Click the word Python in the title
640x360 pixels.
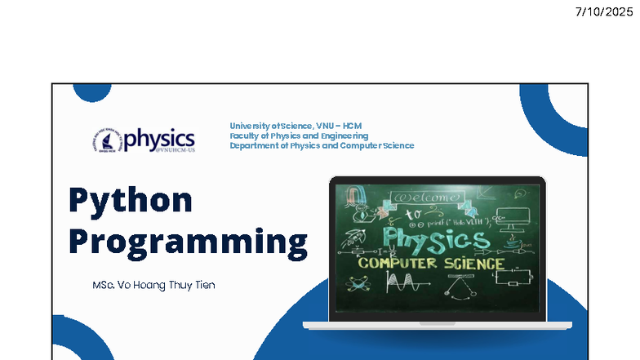click(131, 200)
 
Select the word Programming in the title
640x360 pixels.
click(188, 242)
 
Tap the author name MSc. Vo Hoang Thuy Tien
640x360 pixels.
click(154, 285)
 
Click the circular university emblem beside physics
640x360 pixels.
click(108, 140)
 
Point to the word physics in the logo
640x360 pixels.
click(160, 136)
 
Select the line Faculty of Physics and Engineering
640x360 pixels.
click(299, 136)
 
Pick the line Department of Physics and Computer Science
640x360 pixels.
click(322, 145)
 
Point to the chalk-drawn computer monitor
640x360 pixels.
click(518, 217)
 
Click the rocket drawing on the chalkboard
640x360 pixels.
click(354, 238)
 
